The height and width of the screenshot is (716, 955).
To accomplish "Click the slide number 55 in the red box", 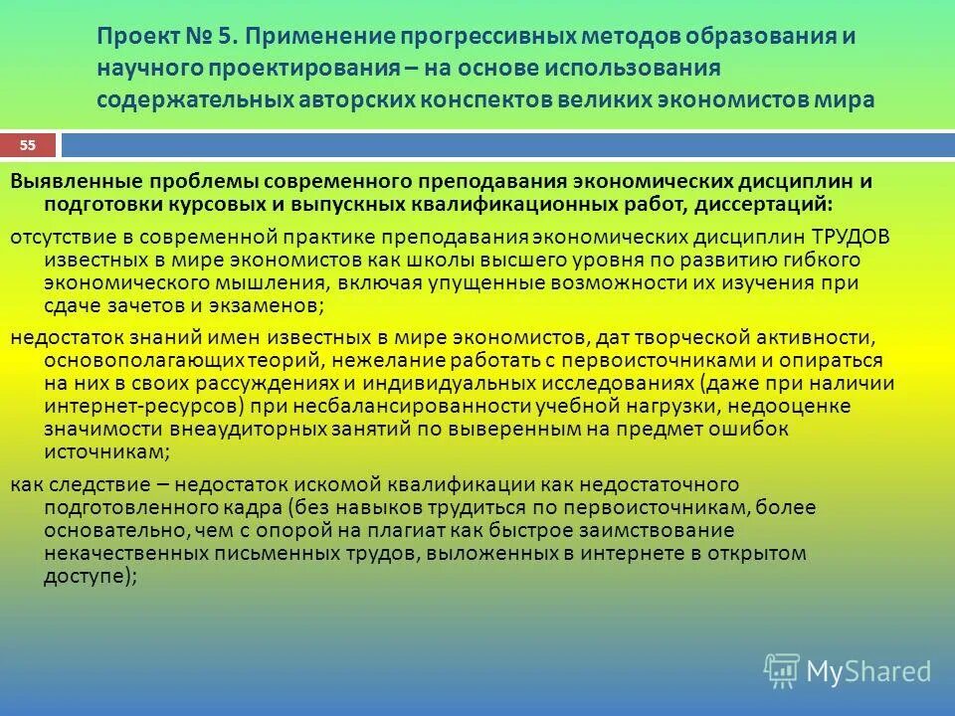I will tap(28, 146).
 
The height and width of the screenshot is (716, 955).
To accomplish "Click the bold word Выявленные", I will tap(76, 182).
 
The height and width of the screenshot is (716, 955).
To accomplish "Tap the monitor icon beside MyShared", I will tap(782, 670).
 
